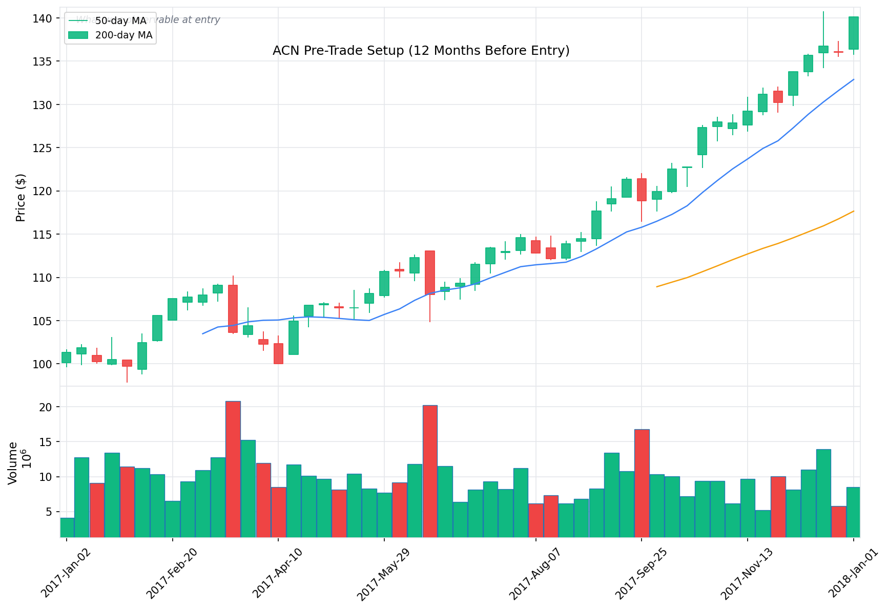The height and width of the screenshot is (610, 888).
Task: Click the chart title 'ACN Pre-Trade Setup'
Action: pos(421,51)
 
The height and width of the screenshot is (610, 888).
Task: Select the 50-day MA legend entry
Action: pos(121,21)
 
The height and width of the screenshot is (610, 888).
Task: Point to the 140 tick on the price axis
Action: pos(46,18)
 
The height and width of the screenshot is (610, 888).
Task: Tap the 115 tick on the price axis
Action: pos(46,235)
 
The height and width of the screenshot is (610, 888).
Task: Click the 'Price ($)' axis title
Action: pos(20,197)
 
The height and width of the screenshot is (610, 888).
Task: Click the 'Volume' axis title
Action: pos(13,462)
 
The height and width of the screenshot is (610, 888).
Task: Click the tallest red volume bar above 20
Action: pos(233,469)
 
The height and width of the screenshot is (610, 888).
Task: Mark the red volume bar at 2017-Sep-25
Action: pos(642,483)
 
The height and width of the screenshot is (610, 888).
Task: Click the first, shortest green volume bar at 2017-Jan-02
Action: pos(67,528)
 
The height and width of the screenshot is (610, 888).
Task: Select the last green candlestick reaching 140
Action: pos(853,33)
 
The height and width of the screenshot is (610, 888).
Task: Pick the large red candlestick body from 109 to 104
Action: pos(233,309)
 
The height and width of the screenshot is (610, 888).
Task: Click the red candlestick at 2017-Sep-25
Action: pos(642,190)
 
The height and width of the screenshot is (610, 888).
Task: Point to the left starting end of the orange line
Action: pos(657,286)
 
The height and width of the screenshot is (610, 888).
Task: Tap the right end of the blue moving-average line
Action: pos(853,79)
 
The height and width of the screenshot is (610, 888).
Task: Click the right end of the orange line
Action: pos(853,211)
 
